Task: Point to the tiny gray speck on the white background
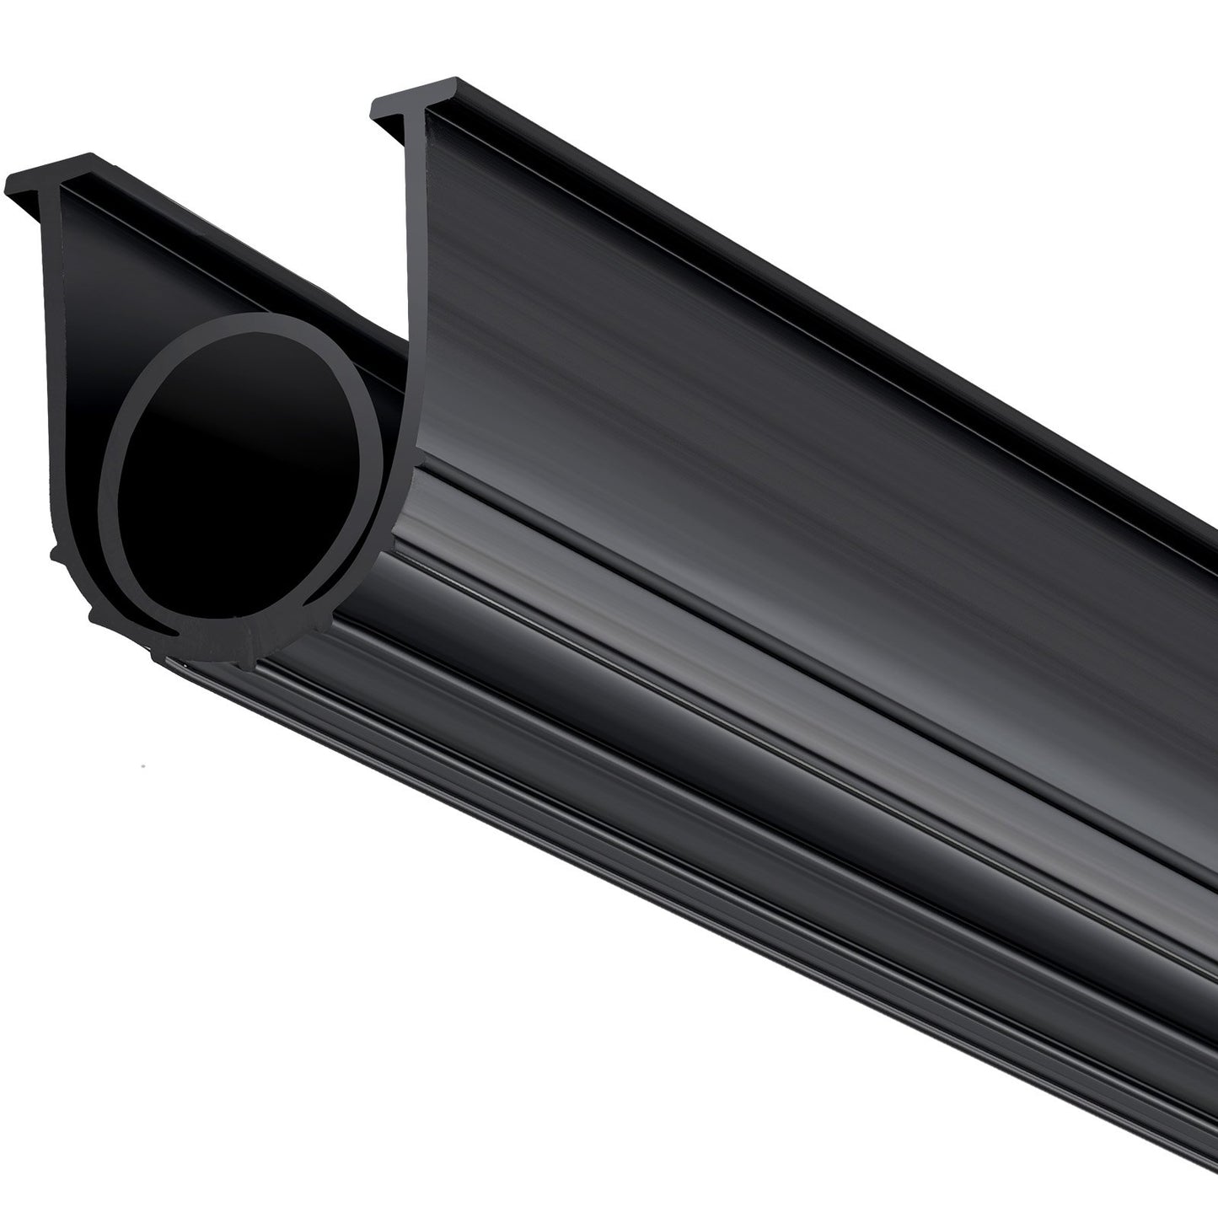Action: click(145, 766)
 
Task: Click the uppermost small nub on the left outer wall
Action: click(56, 552)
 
